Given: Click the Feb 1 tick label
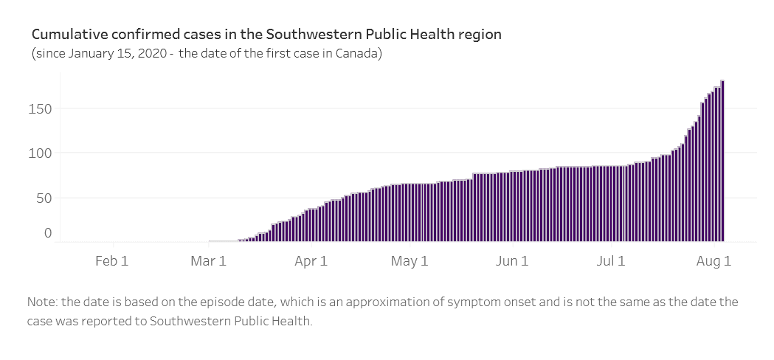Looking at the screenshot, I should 112,260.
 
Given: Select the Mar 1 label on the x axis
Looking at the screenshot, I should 208,260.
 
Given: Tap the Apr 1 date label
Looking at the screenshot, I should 311,260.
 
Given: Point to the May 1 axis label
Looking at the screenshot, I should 410,260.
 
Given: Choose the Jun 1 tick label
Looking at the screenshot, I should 512,260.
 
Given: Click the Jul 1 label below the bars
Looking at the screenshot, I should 611,260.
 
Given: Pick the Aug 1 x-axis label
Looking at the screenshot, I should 713,260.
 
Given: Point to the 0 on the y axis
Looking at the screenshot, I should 48,233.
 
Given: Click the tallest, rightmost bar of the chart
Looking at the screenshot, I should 722,162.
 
